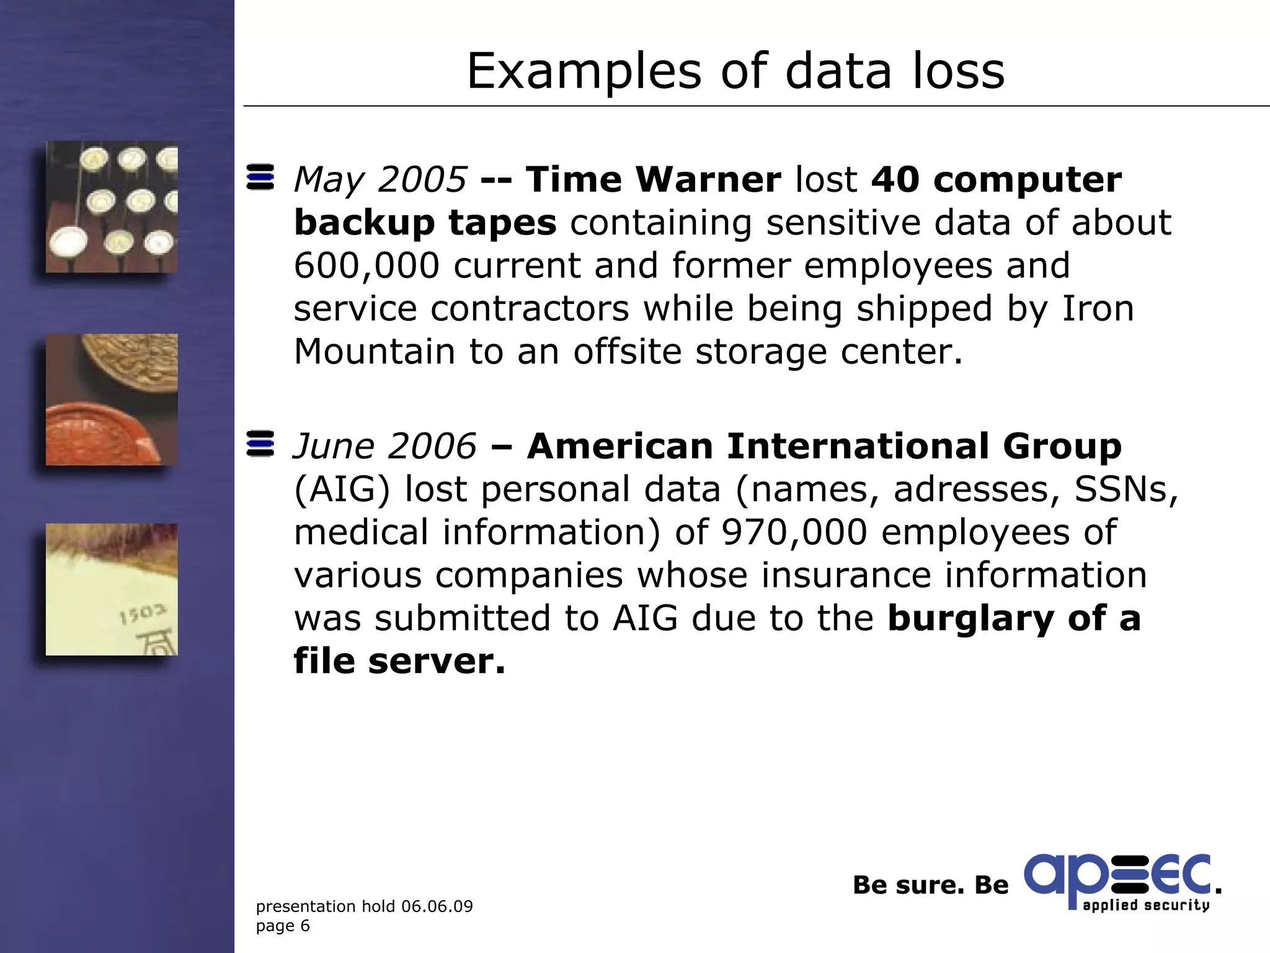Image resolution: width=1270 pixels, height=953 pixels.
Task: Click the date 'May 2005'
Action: pos(380,180)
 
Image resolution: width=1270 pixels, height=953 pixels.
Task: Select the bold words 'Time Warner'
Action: pos(653,180)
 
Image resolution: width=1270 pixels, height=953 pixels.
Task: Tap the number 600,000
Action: pos(366,266)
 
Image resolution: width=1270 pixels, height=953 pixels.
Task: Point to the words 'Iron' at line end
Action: pos(1098,308)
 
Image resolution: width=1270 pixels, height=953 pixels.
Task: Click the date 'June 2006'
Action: pos(384,446)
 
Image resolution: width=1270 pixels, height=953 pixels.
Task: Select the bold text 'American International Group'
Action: pos(824,446)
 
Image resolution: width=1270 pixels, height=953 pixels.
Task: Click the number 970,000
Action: pos(794,532)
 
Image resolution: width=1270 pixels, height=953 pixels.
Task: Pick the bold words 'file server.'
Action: pos(399,661)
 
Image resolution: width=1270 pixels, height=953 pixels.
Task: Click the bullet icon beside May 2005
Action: pos(260,177)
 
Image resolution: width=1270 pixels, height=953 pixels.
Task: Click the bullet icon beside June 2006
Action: pos(260,444)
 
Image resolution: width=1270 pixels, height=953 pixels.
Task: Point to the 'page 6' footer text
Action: pos(283,926)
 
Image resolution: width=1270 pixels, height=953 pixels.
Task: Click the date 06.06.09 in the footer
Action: pos(437,906)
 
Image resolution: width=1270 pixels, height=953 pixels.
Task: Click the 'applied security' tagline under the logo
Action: pos(1146,905)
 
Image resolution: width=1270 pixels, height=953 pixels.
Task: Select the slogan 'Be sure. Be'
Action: pos(930,885)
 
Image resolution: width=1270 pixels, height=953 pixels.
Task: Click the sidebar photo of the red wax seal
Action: pos(112,400)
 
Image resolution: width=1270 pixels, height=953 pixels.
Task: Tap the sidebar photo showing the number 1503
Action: pos(112,589)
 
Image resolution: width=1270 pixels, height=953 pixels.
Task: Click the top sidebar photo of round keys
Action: pos(112,207)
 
